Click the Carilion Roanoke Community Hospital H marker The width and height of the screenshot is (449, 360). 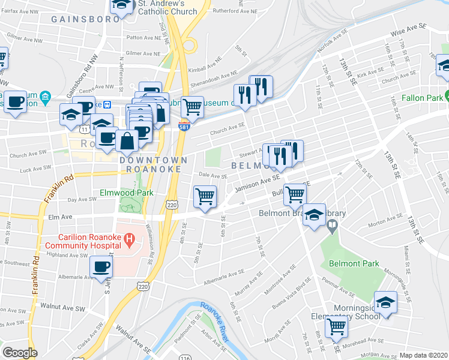coord(128,241)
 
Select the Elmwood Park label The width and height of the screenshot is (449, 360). coord(127,193)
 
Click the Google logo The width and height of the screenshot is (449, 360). coord(20,353)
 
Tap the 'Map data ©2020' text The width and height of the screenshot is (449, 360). coord(424,355)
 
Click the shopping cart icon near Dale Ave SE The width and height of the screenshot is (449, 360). coord(205,196)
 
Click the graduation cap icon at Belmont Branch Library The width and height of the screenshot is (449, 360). coord(313,216)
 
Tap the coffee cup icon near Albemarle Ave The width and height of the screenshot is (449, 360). coord(101,267)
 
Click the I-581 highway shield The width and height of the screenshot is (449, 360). coord(184,122)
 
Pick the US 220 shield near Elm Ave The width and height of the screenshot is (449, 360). coord(172,205)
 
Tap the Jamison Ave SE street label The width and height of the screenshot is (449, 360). coord(258,182)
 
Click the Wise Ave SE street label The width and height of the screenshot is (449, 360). coord(408,28)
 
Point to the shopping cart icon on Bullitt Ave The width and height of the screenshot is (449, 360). coord(295,193)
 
